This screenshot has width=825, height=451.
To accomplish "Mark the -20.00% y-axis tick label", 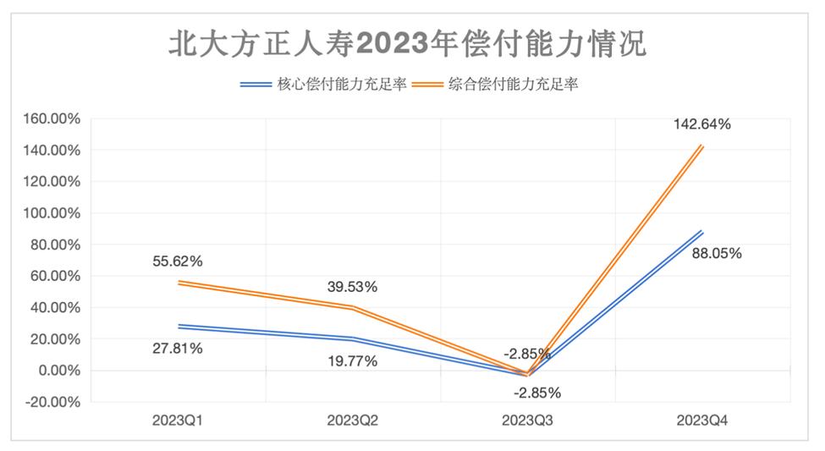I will point(51,402).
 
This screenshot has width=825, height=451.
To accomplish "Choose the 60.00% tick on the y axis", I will point(52,276).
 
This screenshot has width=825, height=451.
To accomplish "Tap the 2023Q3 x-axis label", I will point(527,421).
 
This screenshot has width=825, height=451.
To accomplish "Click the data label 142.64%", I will point(701,124).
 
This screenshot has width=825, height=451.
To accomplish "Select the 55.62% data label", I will point(178,261).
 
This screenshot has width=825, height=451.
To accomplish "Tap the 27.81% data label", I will point(178,348).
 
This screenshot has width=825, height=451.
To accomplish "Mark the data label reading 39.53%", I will point(352,287).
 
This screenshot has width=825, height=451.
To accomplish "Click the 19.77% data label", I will point(352,361).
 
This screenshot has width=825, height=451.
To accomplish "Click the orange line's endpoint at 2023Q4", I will point(701,146).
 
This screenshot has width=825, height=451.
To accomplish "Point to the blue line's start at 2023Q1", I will point(178,327).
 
